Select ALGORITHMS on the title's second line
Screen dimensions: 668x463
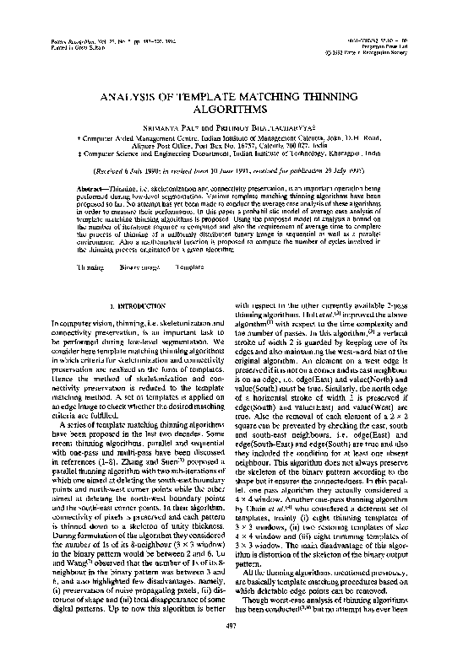pyautogui.click(x=231, y=109)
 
